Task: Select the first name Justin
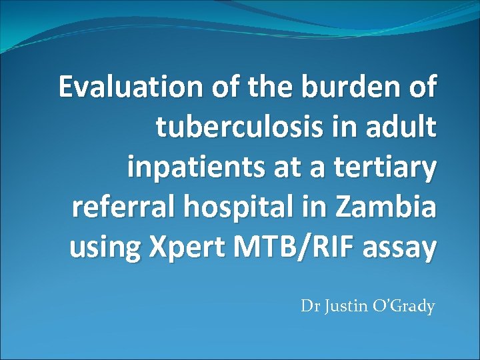point(340,307)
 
